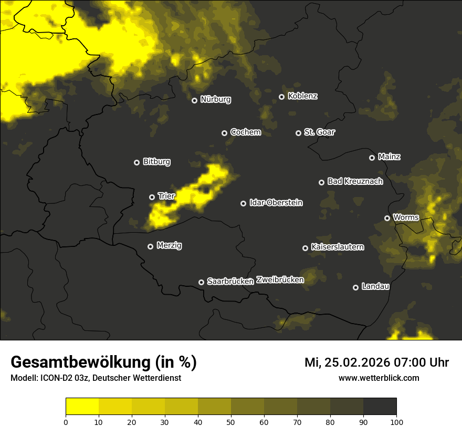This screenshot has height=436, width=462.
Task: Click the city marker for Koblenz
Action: coord(281,97)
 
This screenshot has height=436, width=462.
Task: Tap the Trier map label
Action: coord(166,196)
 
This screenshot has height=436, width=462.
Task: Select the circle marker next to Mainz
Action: coord(372,158)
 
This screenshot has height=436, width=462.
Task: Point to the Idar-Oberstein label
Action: coord(276,203)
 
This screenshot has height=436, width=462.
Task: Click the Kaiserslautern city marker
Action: coord(305,248)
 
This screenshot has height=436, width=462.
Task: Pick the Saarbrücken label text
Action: coord(230,282)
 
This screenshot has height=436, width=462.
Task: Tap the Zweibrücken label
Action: coord(280,280)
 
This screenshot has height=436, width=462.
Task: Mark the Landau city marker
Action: coord(355,287)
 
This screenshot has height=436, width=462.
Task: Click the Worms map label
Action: coord(406,217)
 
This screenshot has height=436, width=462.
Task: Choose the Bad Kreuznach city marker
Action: coord(321,182)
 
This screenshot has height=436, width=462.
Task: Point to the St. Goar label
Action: coord(319,132)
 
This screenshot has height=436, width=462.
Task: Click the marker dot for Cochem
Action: coord(224,133)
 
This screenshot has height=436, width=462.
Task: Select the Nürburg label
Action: coord(215,99)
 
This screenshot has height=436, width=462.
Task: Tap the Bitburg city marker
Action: coord(136,162)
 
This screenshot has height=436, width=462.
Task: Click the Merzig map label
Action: coord(169,245)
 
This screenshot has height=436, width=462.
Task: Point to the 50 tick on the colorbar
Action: coord(231,422)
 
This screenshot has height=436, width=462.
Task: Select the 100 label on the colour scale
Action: coord(396,422)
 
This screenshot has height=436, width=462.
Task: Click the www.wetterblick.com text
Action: coord(379,378)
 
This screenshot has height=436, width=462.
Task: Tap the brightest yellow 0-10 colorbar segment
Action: coord(82,407)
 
